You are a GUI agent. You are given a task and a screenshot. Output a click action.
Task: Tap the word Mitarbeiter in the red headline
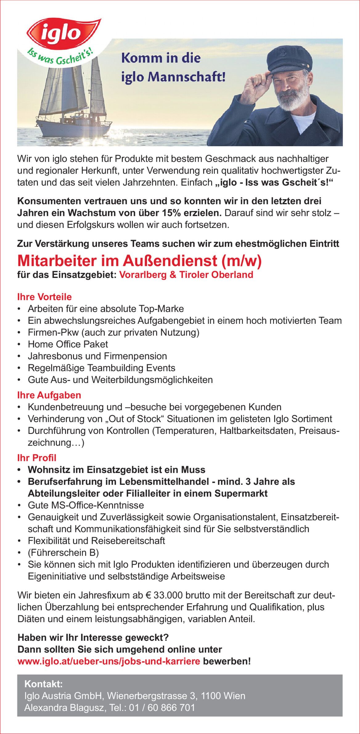tap(57, 261)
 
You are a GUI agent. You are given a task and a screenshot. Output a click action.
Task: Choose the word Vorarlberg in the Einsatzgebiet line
tap(143, 274)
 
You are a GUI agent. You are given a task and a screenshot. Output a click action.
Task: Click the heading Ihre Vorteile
tap(44, 297)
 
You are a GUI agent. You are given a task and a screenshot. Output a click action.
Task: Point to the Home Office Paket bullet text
tap(68, 344)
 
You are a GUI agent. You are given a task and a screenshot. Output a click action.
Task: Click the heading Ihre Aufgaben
tap(49, 395)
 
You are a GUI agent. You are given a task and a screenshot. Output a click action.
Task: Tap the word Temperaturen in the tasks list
tap(185, 431)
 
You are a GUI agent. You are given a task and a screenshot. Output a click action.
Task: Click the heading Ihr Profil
tap(37, 458)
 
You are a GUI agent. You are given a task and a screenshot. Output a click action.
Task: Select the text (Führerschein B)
tap(63, 552)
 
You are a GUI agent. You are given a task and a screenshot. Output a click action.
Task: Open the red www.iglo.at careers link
tap(109, 661)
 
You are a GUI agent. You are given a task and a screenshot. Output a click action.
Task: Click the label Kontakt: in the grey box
tap(43, 684)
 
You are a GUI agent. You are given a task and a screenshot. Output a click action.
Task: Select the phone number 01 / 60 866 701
tap(162, 707)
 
